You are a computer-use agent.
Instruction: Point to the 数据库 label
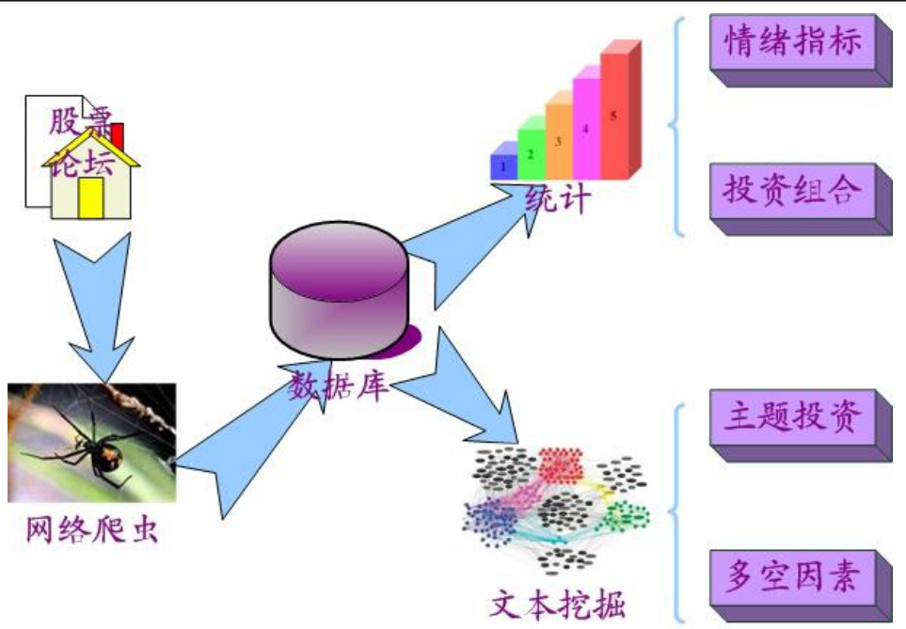[339, 385]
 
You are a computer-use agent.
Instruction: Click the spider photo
[91, 442]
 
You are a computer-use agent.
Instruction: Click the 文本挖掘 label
[558, 602]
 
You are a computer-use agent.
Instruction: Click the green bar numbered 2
[531, 152]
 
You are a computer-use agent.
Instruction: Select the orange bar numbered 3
[558, 140]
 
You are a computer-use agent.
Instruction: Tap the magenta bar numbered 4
[585, 127]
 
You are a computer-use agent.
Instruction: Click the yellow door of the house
[90, 197]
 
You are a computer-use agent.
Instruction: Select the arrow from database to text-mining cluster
[461, 385]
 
